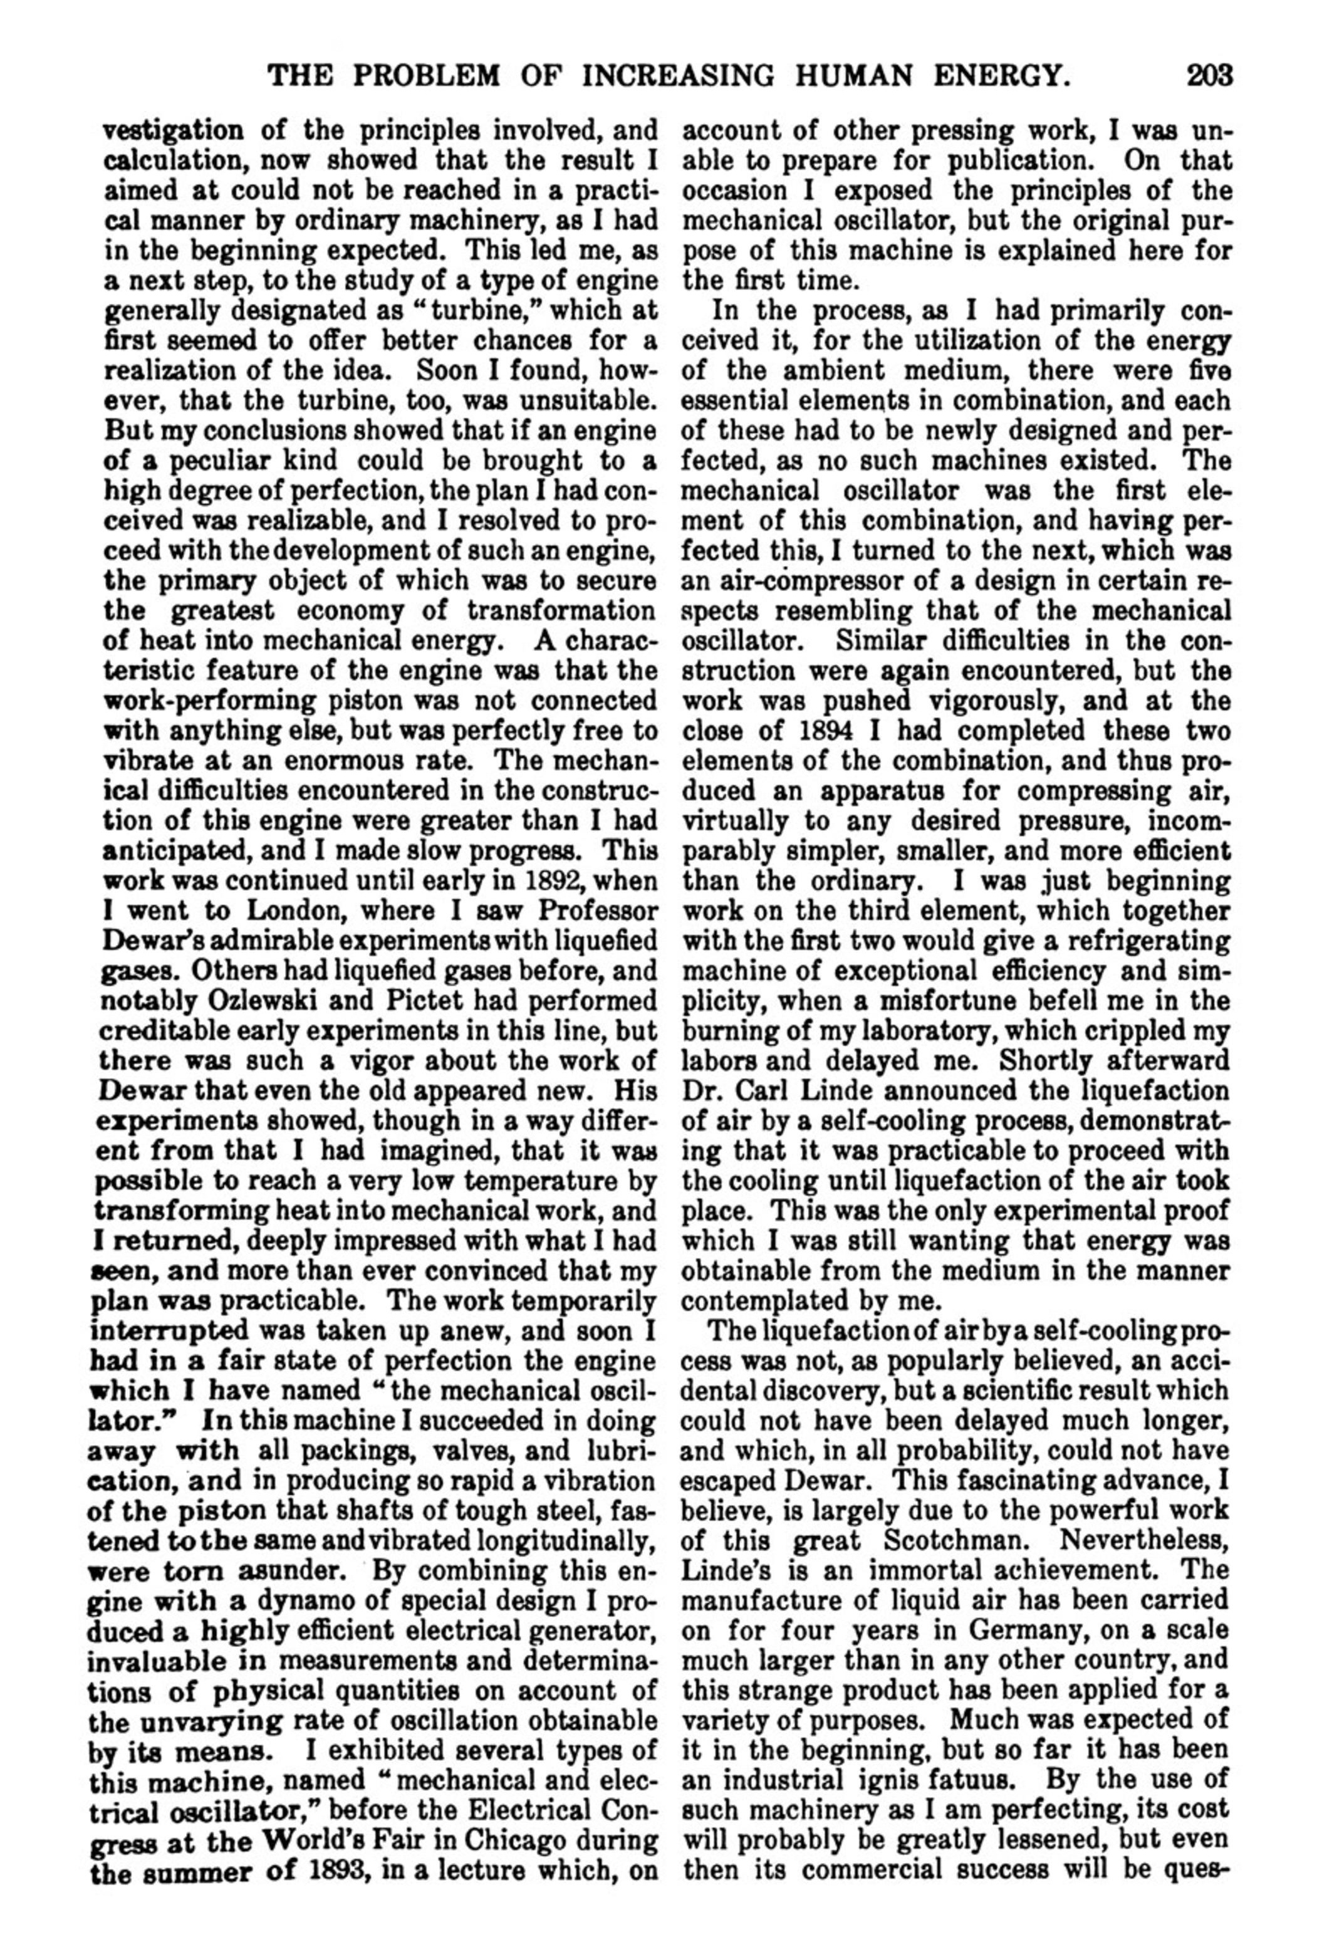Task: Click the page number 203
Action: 1209,76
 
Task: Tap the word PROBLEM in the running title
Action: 429,76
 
